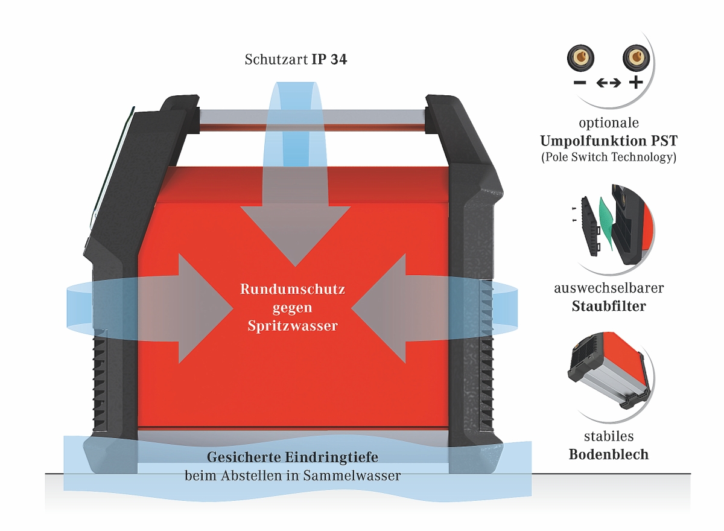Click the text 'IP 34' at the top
tap(329, 60)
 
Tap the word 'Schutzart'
tap(276, 60)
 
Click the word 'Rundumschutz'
tap(293, 289)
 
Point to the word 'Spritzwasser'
tap(293, 326)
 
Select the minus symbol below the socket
tap(580, 83)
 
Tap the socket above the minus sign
tap(580, 58)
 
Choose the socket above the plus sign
tap(635, 58)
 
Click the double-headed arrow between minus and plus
tap(608, 83)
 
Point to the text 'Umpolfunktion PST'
tap(608, 142)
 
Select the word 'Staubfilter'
tap(608, 306)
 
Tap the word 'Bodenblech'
tap(608, 454)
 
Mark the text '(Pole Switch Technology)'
tap(608, 158)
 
